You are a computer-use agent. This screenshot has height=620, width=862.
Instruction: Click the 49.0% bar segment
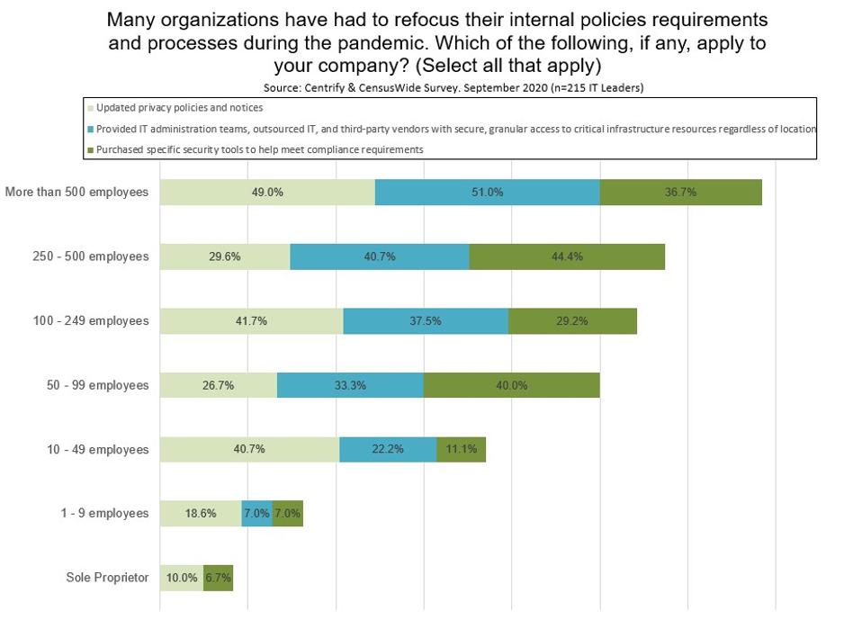coord(267,193)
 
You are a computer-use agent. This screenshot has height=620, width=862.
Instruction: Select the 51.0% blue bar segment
coord(487,193)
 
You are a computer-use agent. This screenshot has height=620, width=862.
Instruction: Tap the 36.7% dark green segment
coord(680,193)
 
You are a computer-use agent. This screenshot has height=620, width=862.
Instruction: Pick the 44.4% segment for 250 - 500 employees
coord(567,256)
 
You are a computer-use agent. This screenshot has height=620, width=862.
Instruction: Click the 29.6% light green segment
coord(225,256)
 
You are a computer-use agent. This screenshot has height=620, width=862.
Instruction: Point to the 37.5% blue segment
coord(426,321)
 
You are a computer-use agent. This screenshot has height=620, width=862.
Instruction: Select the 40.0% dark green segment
coord(511,385)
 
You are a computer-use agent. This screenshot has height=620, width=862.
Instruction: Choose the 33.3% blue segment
coord(350,385)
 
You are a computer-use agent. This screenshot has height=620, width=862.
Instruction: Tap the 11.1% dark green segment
coord(461,449)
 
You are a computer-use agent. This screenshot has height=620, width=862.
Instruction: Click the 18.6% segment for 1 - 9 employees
coord(201,514)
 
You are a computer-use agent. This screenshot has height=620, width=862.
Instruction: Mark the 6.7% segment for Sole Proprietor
coord(218,578)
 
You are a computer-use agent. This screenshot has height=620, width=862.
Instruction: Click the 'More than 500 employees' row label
coord(76,193)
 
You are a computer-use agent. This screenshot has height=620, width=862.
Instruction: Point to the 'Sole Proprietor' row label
coord(107,578)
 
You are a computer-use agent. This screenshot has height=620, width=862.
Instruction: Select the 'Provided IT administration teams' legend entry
coord(450,129)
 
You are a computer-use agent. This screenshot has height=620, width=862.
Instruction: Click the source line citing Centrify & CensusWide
coord(453,88)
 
